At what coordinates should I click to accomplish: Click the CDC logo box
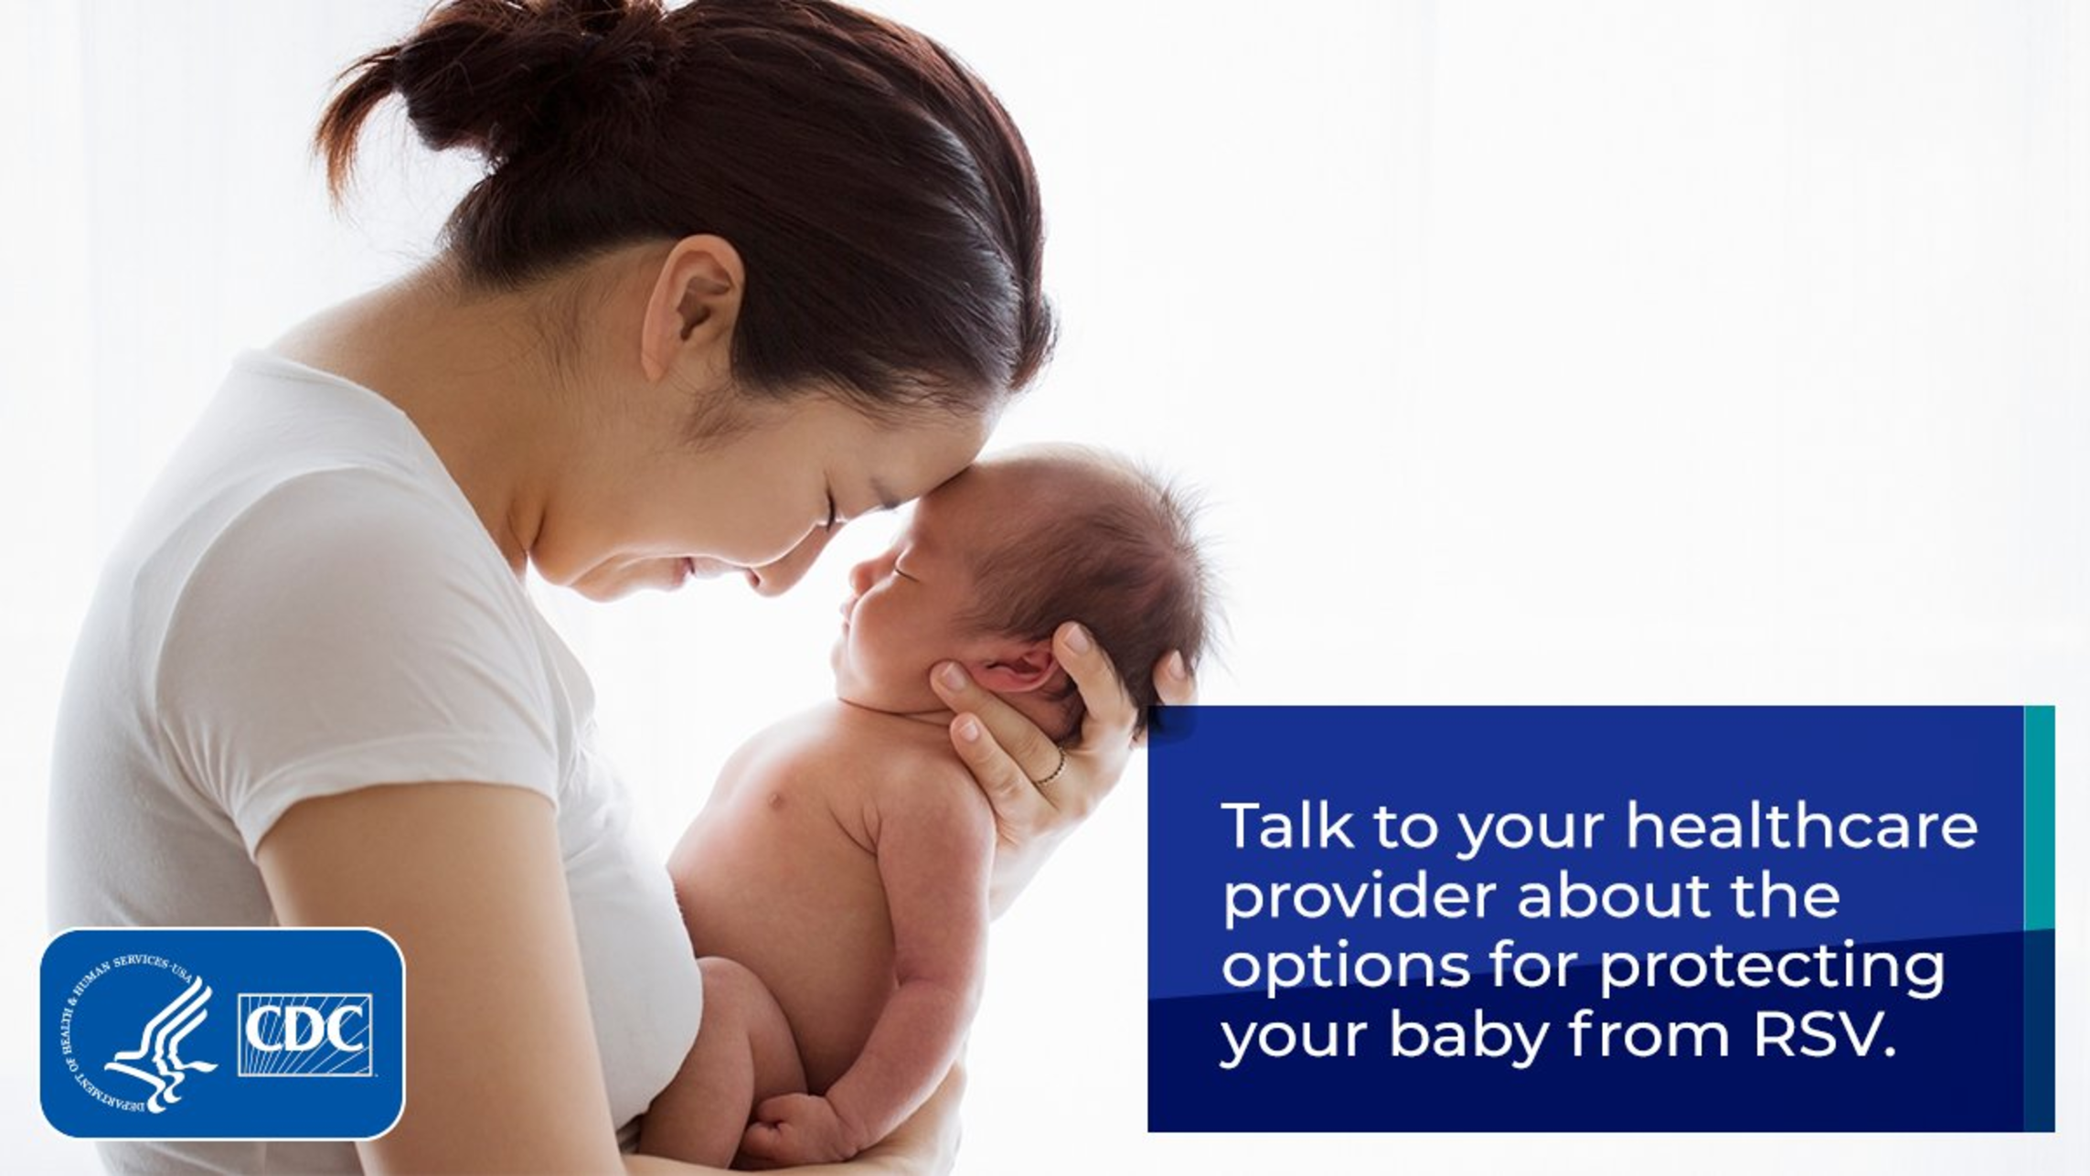pyautogui.click(x=305, y=1034)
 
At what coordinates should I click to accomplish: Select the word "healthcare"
pyautogui.click(x=1801, y=825)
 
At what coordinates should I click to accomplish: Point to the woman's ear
pyautogui.click(x=690, y=306)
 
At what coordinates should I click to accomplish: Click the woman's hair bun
pyautogui.click(x=512, y=78)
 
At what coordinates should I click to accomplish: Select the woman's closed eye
pyautogui.click(x=834, y=510)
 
